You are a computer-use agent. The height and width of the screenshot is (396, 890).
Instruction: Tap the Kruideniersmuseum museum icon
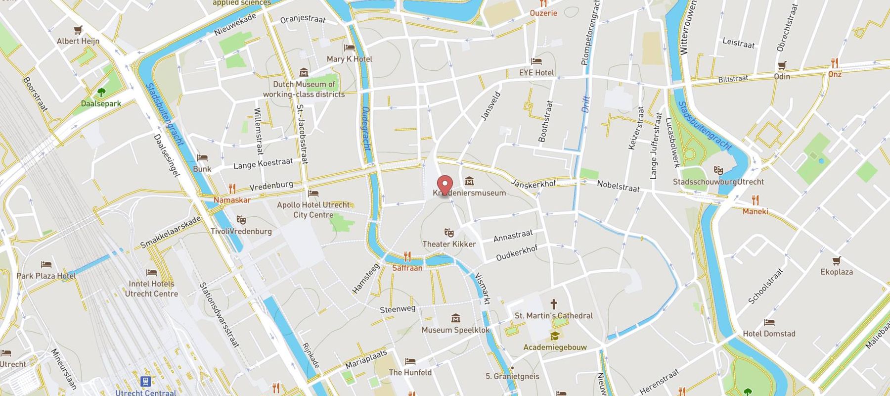tap(469, 181)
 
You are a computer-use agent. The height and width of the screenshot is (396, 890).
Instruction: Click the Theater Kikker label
tap(449, 244)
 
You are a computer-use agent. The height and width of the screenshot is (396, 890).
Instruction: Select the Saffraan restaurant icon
tap(407, 256)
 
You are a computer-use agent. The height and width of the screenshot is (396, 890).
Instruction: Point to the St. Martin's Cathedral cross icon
tap(554, 303)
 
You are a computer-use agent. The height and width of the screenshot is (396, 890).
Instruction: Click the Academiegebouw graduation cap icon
tap(554, 336)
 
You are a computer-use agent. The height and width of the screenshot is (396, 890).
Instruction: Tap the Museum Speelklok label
tap(455, 330)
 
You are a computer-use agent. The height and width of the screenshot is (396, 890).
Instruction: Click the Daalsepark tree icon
tap(101, 92)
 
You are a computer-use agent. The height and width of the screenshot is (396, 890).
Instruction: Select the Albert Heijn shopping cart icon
tap(78, 30)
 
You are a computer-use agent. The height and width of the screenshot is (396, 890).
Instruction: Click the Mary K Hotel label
tap(349, 59)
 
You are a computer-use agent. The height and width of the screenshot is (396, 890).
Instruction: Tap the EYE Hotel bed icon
tap(536, 61)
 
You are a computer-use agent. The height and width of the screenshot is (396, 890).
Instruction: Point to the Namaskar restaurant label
tap(232, 200)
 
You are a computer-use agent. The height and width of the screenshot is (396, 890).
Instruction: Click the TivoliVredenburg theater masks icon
tap(241, 219)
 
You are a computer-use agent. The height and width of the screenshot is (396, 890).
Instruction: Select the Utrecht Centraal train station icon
tap(145, 381)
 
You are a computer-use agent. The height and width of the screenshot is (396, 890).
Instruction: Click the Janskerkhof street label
tap(533, 184)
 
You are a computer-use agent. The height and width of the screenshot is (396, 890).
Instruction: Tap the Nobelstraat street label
tap(618, 186)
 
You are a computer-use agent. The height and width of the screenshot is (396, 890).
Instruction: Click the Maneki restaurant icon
tap(755, 200)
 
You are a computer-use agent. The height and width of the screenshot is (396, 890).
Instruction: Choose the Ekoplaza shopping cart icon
tap(836, 260)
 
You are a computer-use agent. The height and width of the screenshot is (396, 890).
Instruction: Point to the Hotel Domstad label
tap(769, 334)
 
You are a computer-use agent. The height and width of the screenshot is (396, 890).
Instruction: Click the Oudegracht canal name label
tap(366, 129)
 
